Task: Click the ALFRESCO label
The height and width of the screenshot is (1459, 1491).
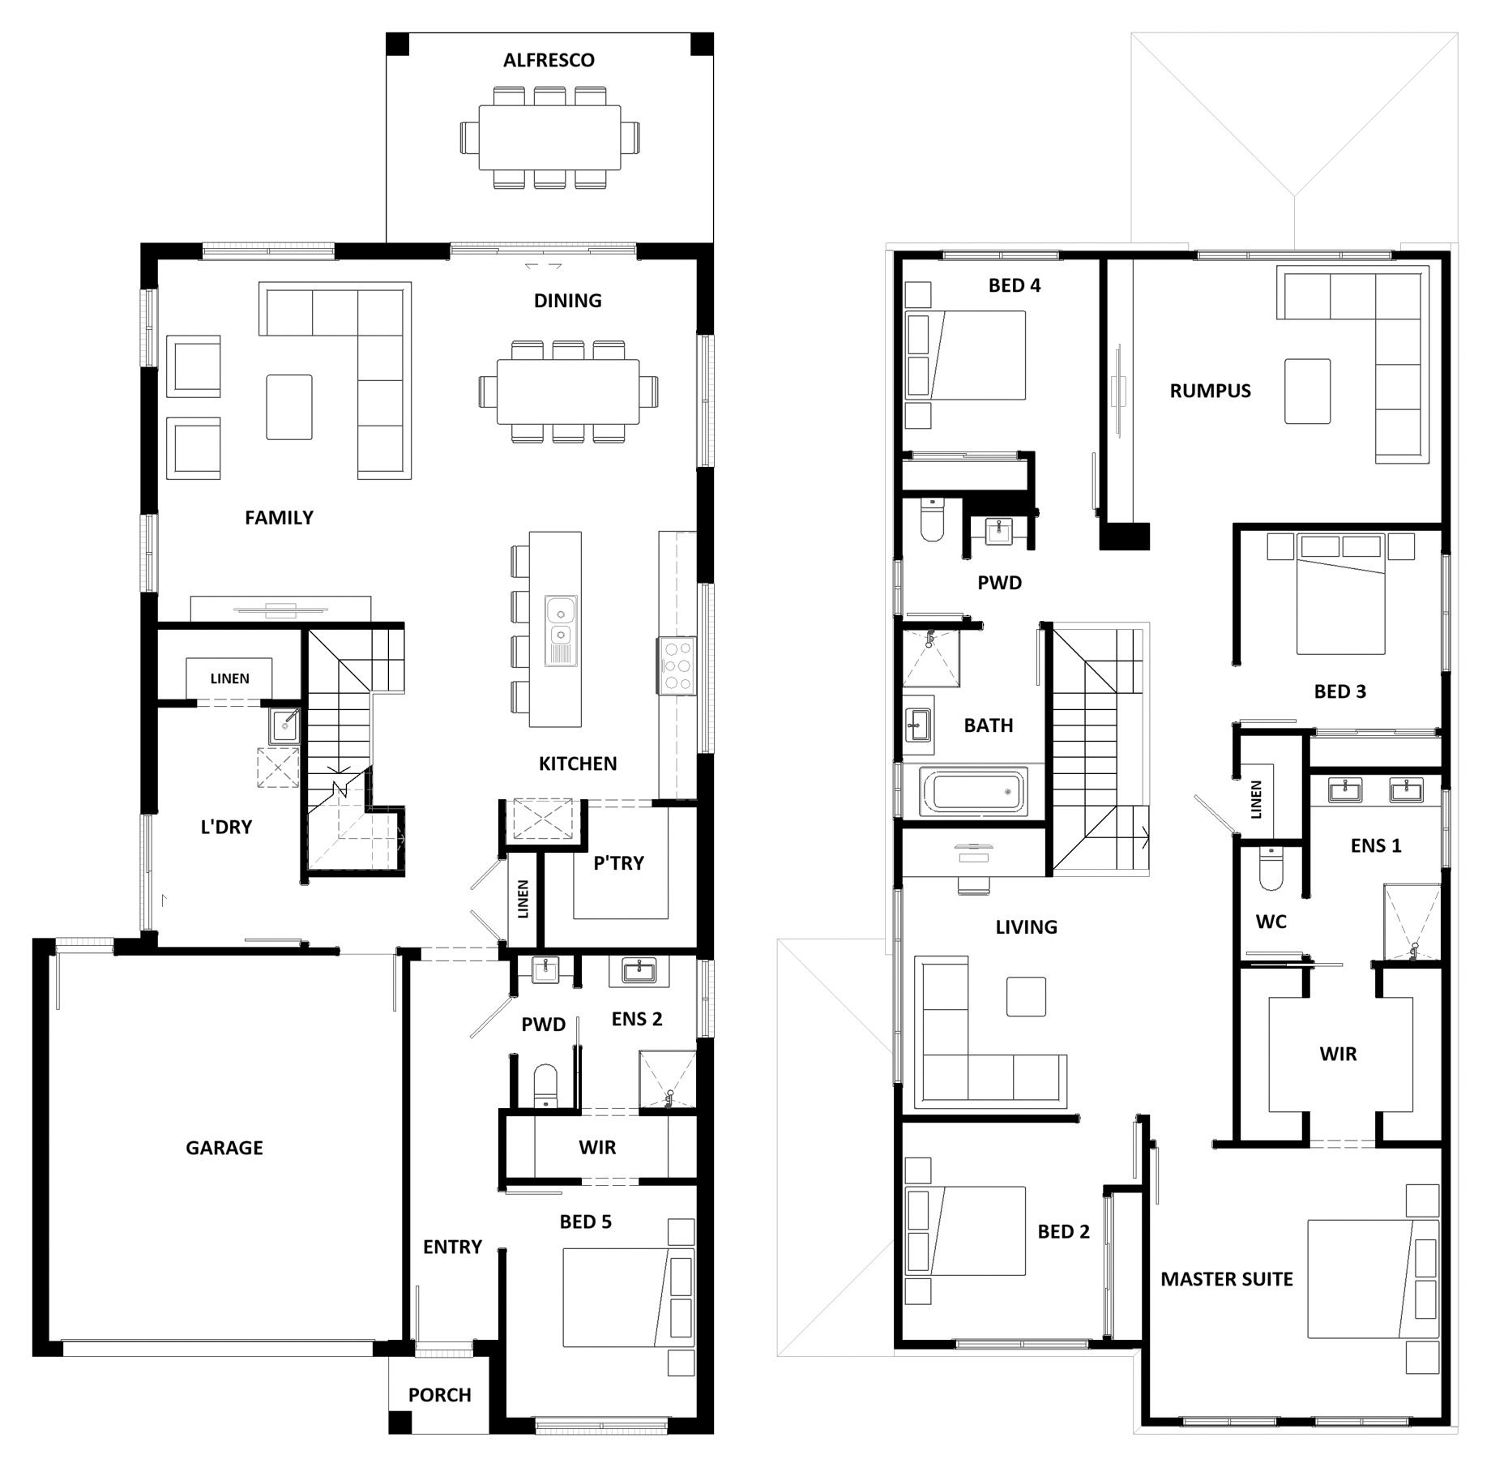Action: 549,60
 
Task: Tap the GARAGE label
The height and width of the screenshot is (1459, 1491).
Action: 224,1147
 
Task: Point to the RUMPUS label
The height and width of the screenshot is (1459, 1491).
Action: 1210,391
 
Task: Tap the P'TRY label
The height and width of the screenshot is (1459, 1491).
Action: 618,863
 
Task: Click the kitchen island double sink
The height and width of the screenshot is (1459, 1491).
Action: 561,631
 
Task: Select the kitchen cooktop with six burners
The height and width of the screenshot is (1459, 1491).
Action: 677,666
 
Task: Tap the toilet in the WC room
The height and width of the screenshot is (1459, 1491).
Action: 1271,868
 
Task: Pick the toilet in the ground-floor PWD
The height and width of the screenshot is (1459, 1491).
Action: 545,1085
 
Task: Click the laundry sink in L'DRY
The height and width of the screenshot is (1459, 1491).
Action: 285,725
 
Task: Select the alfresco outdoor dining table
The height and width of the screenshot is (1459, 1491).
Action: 550,138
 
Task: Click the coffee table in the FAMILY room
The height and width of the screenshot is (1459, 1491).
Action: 289,407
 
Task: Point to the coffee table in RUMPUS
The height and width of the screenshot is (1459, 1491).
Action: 1307,391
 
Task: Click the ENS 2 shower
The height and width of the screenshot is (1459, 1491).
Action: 668,1079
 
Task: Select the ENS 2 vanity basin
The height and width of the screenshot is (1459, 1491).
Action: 640,969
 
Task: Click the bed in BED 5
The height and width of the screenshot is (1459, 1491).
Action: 629,1298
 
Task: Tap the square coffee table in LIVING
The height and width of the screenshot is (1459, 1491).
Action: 1027,996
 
